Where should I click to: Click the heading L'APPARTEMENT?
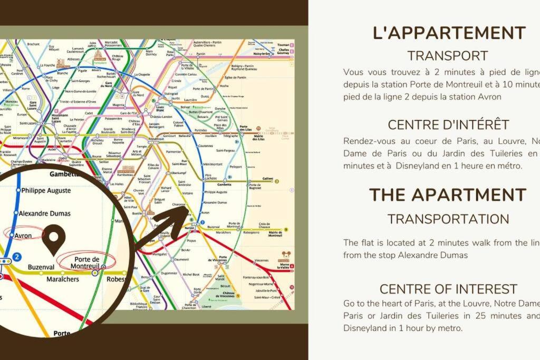click(449, 33)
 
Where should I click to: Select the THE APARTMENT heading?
click(448, 194)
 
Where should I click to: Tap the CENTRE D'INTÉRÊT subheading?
click(448, 125)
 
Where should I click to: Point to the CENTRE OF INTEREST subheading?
click(448, 289)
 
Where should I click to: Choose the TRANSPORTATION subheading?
click(448, 219)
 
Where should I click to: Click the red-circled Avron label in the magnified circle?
click(23, 236)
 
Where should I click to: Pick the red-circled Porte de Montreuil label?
click(86, 262)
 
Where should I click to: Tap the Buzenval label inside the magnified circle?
click(41, 267)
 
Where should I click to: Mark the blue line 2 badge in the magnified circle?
click(17, 258)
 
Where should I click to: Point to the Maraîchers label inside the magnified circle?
click(62, 279)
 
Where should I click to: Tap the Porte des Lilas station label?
click(244, 129)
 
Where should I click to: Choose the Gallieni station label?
click(268, 179)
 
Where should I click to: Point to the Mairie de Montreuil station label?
click(275, 233)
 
